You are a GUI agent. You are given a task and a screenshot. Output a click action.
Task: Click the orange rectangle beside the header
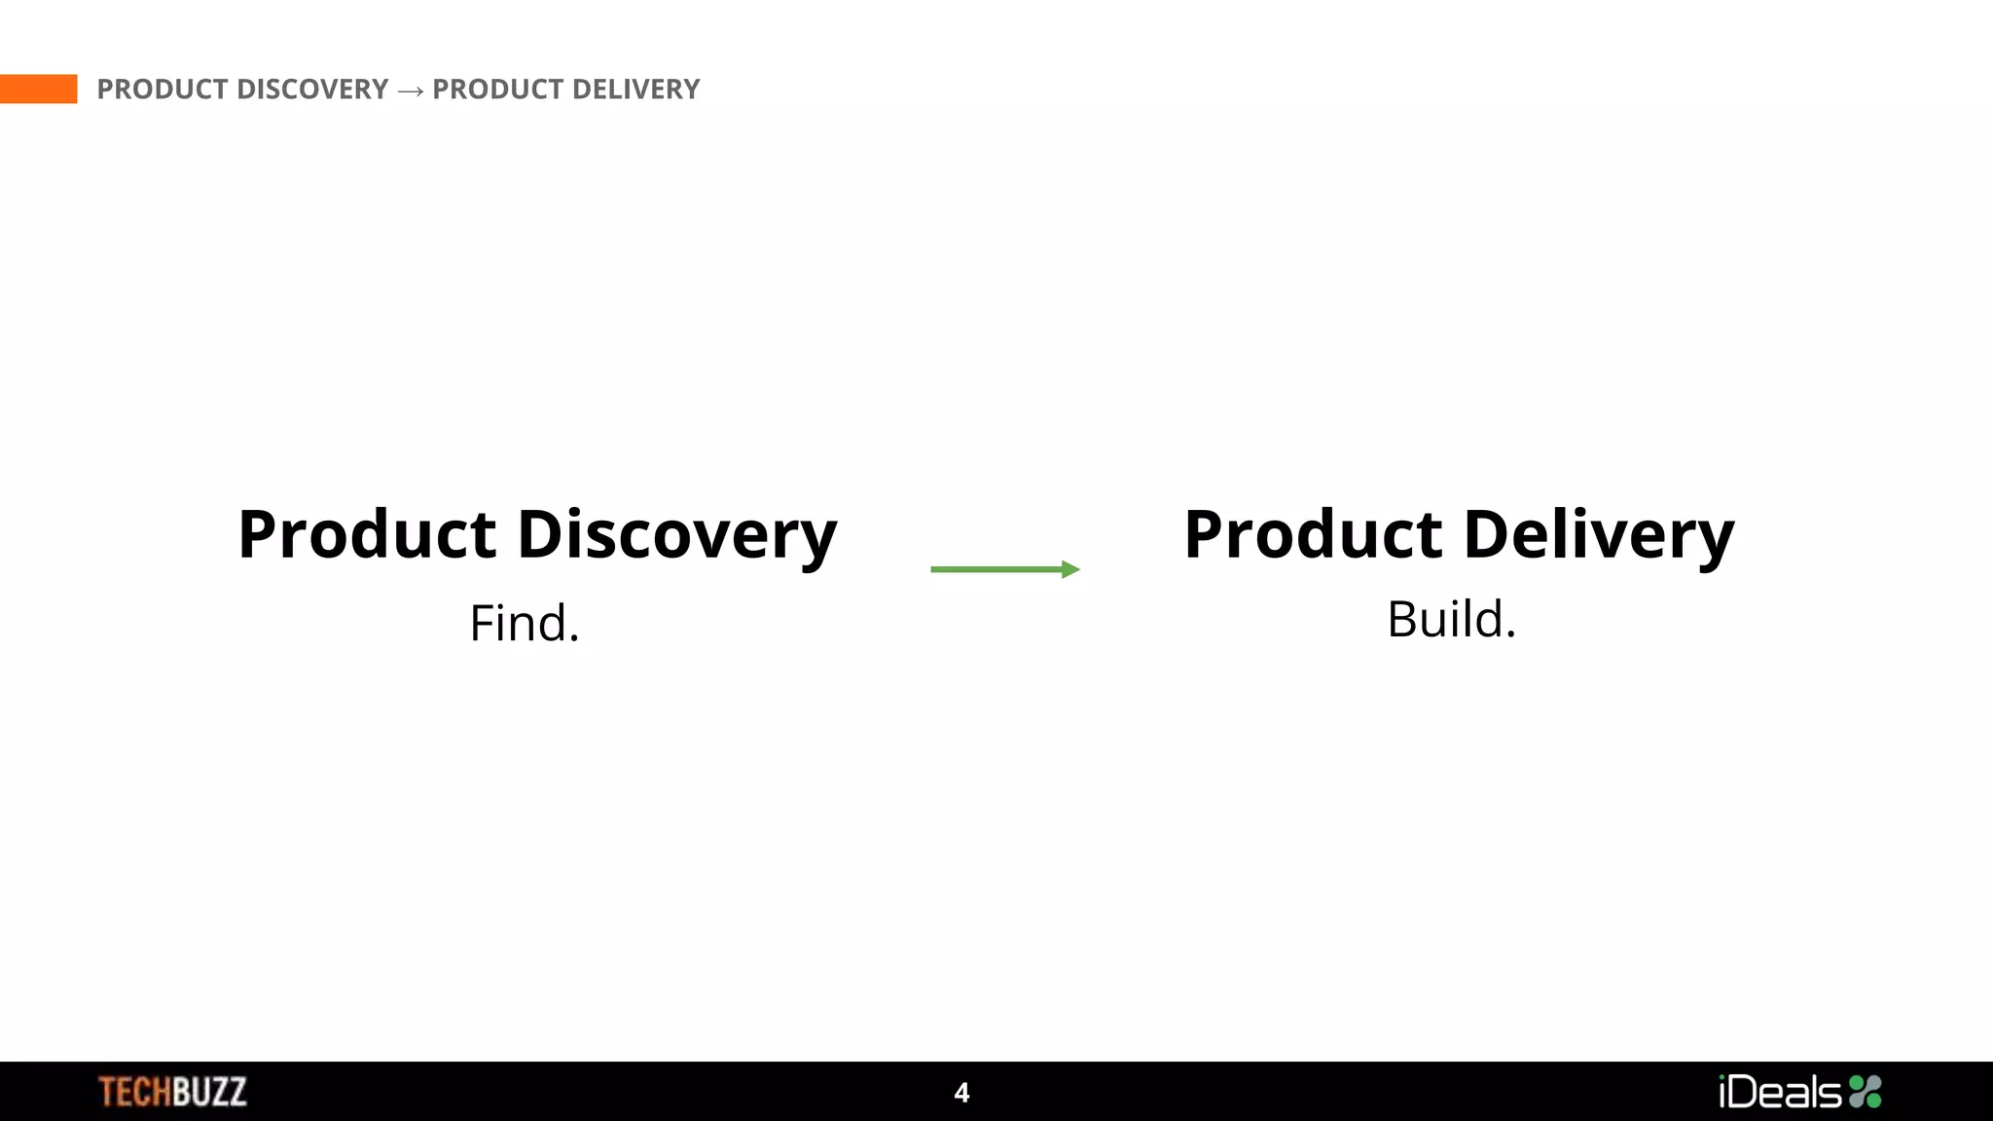38,89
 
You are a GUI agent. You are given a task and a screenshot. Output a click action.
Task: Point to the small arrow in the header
411,90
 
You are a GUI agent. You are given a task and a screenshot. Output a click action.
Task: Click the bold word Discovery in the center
676,535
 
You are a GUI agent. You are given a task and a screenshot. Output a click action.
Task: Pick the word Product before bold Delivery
1313,535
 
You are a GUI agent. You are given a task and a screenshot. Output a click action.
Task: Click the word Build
1445,620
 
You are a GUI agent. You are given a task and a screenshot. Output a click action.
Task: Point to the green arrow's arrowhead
1070,569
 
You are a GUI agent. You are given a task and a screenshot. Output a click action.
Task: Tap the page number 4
961,1093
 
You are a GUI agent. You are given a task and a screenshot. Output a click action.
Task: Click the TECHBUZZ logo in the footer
172,1092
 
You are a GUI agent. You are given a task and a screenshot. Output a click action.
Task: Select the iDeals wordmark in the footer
1780,1092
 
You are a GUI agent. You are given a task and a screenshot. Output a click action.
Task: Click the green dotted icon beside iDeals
1866,1092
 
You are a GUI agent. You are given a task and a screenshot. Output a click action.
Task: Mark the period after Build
1510,634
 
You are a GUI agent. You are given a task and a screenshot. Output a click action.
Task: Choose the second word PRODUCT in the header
497,90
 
